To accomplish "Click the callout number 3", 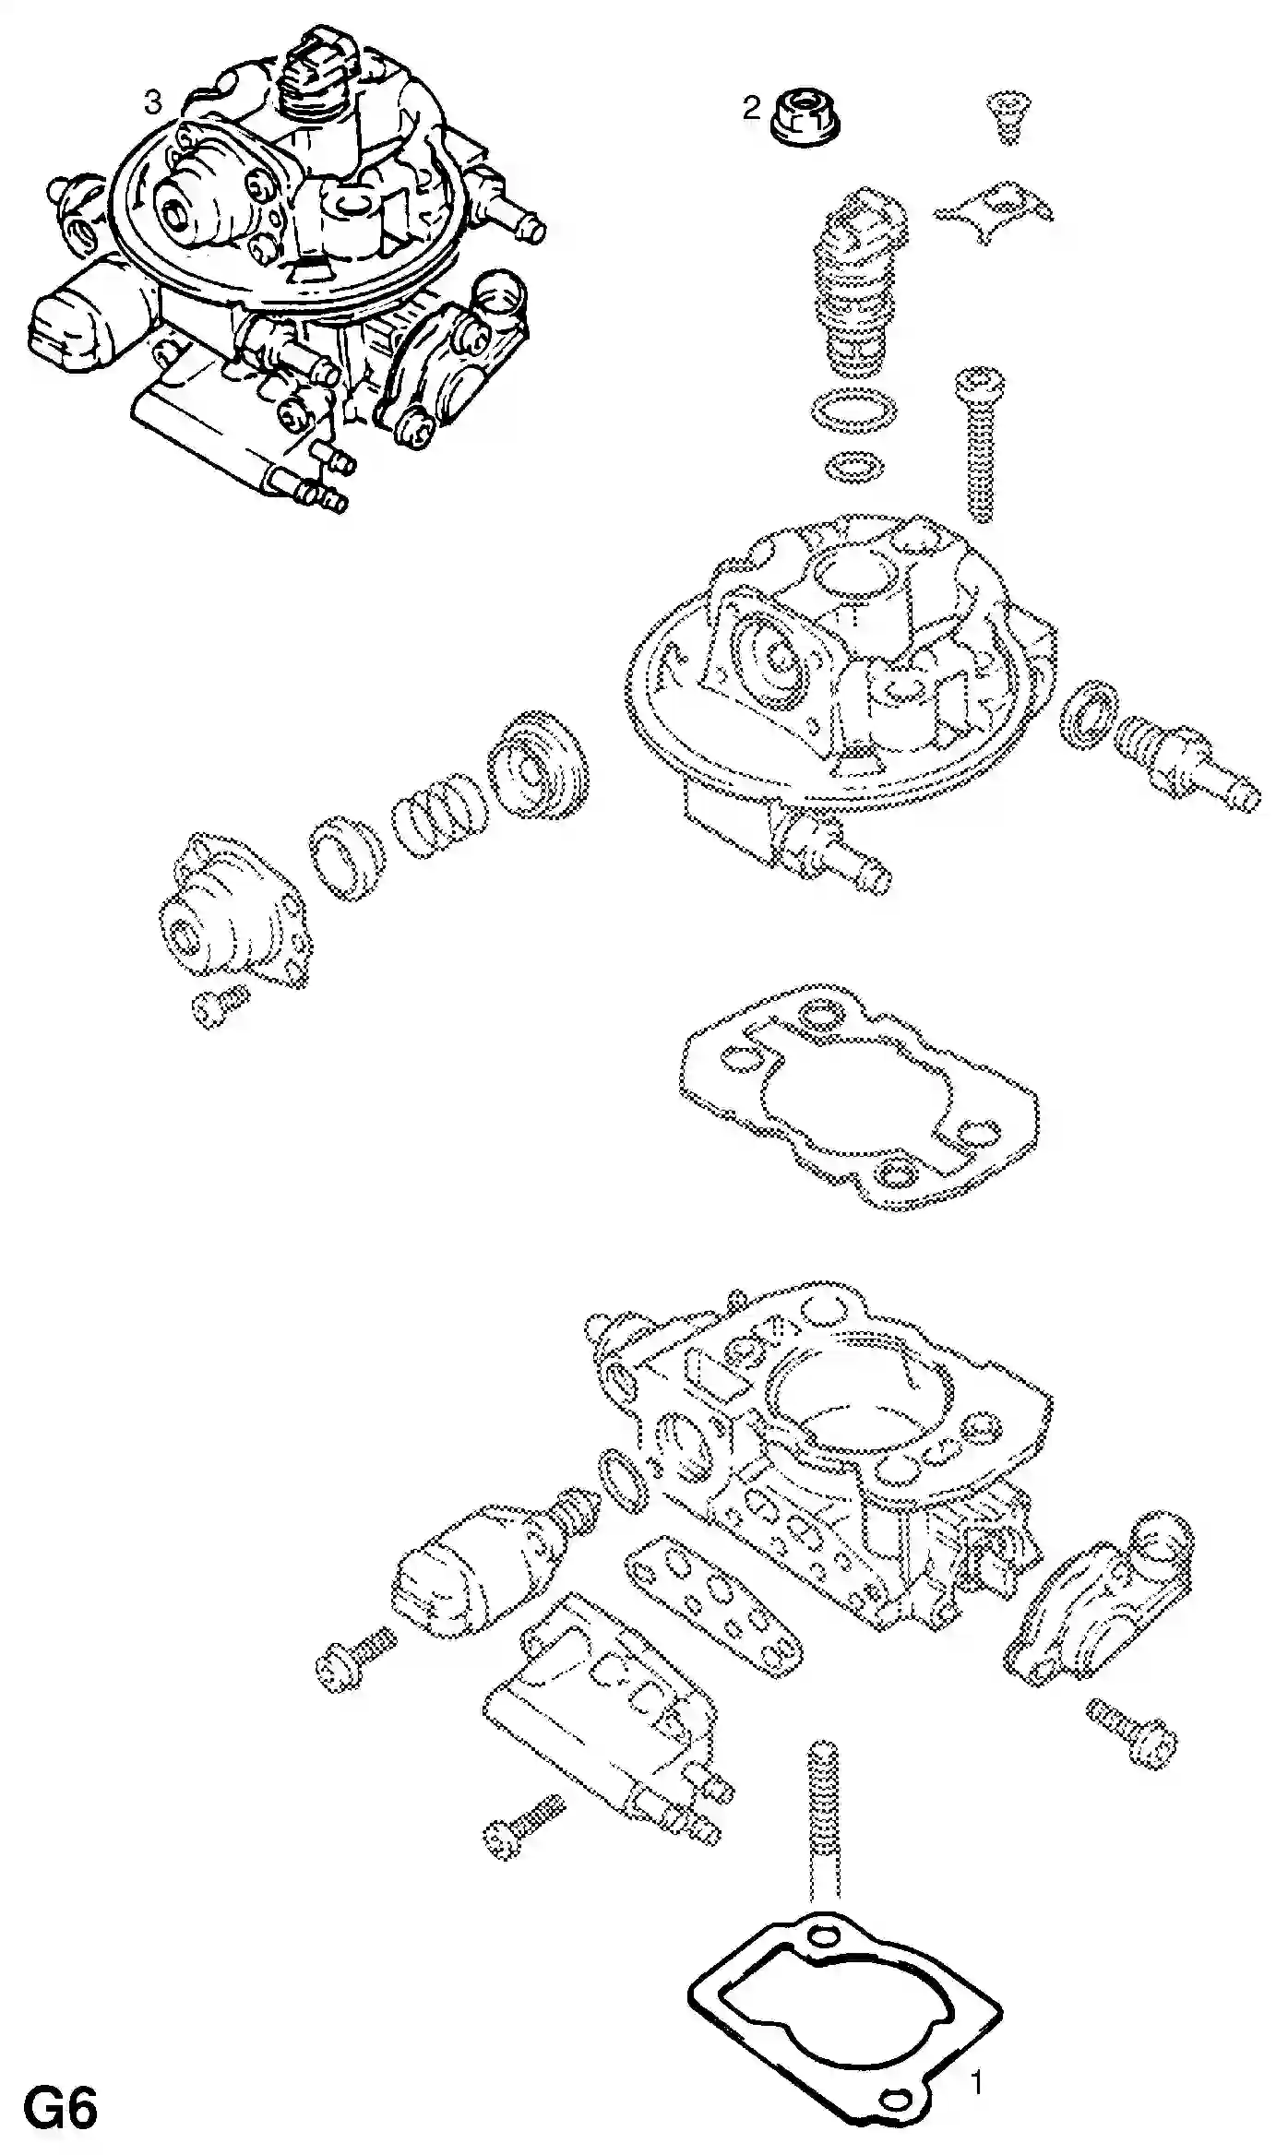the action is [153, 102].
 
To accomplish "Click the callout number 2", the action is [752, 109].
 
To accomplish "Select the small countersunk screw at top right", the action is [1009, 117].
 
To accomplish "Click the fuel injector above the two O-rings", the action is [858, 281].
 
